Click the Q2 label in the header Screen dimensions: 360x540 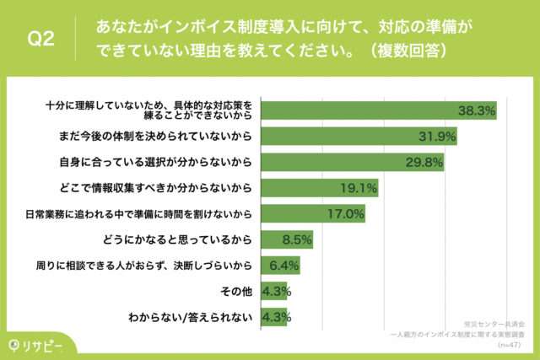41,39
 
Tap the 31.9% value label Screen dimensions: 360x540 438,135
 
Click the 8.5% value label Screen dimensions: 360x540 296,239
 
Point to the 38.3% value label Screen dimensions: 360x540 475,110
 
